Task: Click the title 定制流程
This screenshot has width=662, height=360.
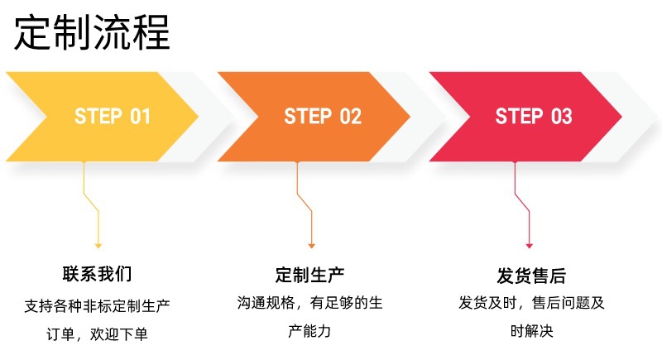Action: (91, 33)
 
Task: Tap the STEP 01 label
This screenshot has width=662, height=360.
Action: (113, 116)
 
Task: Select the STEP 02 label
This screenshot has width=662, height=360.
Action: (323, 116)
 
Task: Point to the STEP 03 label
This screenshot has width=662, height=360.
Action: (534, 116)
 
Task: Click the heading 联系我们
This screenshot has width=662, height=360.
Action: (97, 273)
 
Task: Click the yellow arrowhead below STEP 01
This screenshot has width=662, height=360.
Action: (98, 245)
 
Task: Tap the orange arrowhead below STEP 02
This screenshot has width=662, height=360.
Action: (311, 245)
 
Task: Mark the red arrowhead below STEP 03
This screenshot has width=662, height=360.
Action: (529, 245)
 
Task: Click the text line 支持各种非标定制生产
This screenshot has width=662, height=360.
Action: (97, 305)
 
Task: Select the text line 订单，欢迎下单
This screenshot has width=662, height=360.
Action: (97, 334)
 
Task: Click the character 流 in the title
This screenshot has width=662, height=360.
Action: (111, 33)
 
